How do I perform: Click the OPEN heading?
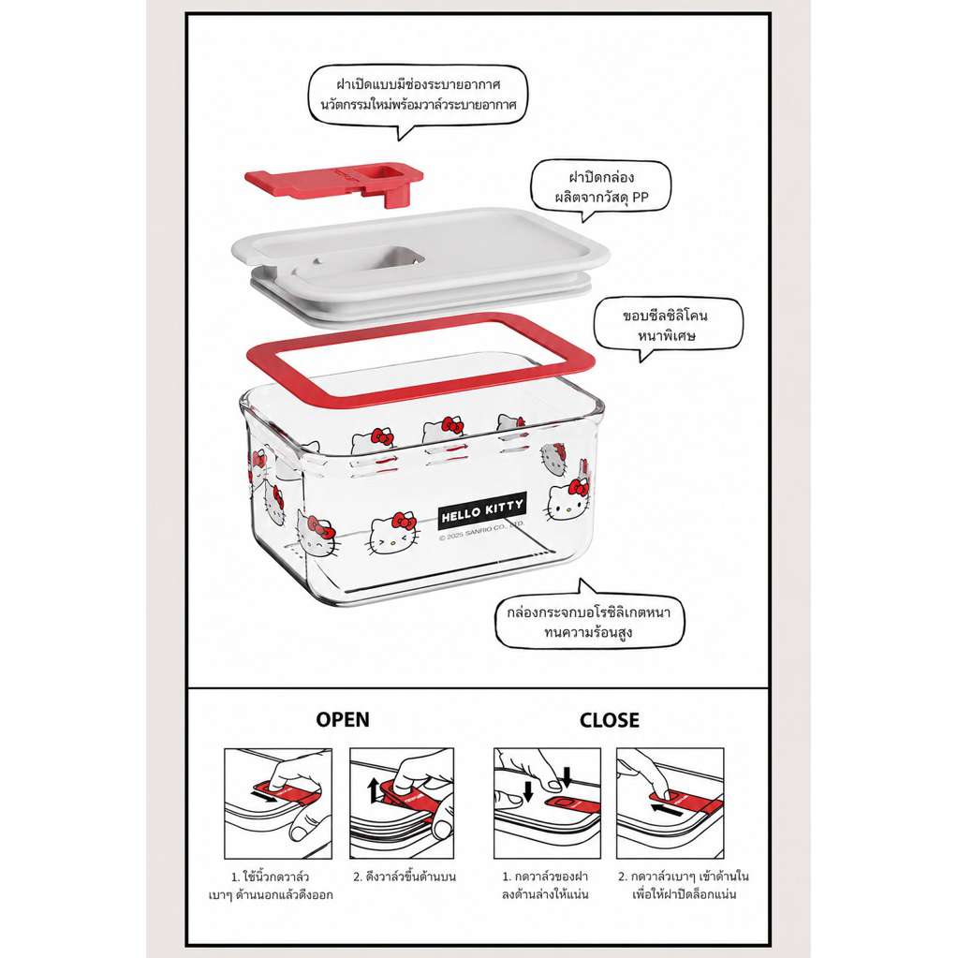[x=343, y=720]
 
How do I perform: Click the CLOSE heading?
[x=609, y=720]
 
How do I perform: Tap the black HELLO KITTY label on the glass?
[x=482, y=510]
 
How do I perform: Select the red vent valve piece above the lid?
[x=334, y=181]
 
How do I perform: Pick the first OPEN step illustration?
[x=278, y=803]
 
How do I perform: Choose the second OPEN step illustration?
[x=402, y=803]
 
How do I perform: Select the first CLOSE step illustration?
[x=548, y=803]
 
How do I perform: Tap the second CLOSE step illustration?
[x=671, y=803]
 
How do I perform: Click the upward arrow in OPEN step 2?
[x=374, y=790]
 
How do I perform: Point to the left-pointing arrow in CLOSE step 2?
[x=667, y=811]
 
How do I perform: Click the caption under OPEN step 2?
[x=405, y=877]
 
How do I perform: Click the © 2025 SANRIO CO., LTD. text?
[x=482, y=530]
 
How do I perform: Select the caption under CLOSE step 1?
[x=546, y=886]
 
